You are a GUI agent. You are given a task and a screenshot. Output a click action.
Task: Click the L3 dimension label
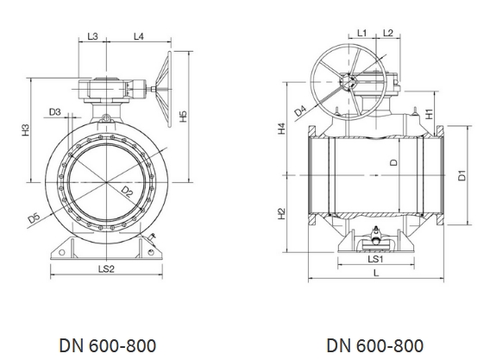pos(92,36)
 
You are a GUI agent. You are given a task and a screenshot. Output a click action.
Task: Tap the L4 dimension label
pos(138,36)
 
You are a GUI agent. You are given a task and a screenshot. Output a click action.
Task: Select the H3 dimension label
pos(26,130)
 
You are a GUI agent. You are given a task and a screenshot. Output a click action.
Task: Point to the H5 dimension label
pos(183,117)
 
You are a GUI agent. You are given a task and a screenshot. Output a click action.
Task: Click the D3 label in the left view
pos(55,111)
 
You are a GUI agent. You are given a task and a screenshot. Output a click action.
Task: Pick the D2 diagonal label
pos(127,192)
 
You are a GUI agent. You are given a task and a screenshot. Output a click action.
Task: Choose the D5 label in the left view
pos(34,218)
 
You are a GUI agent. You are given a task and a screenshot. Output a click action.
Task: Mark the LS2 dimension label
pos(106,268)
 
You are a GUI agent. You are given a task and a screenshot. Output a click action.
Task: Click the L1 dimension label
pos(361,33)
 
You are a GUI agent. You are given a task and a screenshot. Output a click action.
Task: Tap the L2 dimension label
pos(387,33)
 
